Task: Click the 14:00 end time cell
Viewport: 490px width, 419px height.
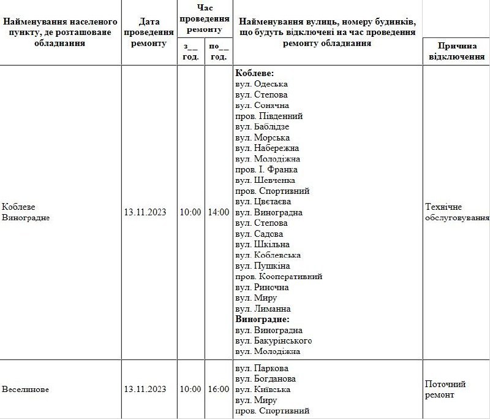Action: coord(219,212)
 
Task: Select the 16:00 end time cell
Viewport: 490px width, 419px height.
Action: coord(219,389)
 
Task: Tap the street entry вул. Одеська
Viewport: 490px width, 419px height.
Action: coord(262,84)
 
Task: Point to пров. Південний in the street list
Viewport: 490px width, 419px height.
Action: coord(269,116)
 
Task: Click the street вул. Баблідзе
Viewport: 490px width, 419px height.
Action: coord(262,127)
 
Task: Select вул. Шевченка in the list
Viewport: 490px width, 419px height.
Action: coord(265,180)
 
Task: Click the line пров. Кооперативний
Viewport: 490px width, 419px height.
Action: coord(279,277)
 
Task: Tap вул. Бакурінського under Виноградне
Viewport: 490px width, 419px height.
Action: coord(274,340)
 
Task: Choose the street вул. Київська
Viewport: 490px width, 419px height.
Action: coord(263,389)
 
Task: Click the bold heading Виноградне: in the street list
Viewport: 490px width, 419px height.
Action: coord(262,319)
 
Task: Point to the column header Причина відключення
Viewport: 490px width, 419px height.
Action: coord(456,52)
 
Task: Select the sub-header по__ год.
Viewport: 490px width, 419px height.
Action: coord(219,52)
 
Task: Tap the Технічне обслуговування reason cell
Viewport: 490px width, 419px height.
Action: coord(457,212)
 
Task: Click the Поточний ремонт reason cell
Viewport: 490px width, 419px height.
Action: coord(445,389)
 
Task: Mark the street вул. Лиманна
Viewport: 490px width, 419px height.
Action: coord(263,309)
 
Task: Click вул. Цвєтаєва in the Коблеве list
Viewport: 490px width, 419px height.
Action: coord(263,202)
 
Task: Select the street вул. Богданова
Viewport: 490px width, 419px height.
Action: coord(266,379)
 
